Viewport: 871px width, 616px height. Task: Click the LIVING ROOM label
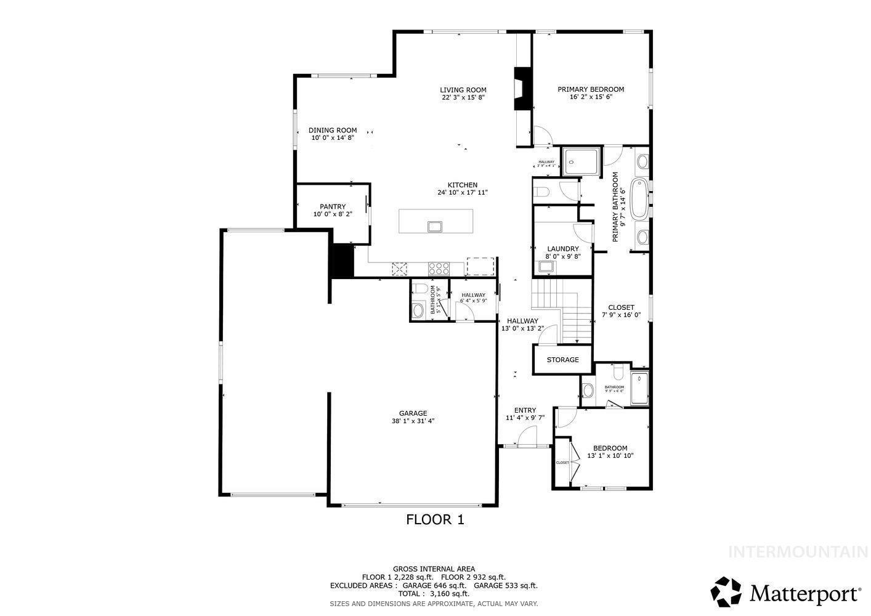click(x=463, y=90)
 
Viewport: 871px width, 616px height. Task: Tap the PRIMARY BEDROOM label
click(x=590, y=89)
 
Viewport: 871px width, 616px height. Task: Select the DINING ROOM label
click(x=333, y=131)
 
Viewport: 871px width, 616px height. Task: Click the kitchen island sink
click(x=435, y=226)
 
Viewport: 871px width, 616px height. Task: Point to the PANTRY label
click(x=333, y=207)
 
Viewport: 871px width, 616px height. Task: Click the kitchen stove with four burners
click(x=439, y=268)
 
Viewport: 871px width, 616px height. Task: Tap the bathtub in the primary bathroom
click(x=639, y=198)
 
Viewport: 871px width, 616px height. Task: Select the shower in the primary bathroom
click(x=580, y=163)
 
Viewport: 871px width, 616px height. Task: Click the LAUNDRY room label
click(x=562, y=249)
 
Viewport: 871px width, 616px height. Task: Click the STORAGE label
click(x=562, y=360)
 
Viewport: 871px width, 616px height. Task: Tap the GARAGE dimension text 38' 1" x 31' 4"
click(x=413, y=421)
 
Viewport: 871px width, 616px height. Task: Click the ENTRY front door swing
click(x=527, y=438)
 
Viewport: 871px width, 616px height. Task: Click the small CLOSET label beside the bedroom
click(x=562, y=463)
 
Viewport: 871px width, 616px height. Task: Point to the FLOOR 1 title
click(x=435, y=519)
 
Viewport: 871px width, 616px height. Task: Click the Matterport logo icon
click(x=727, y=592)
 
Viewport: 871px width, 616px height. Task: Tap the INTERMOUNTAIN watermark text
click(x=798, y=552)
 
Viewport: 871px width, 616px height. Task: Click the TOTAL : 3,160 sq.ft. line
click(x=434, y=594)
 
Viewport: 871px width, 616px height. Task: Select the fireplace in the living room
click(x=523, y=88)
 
